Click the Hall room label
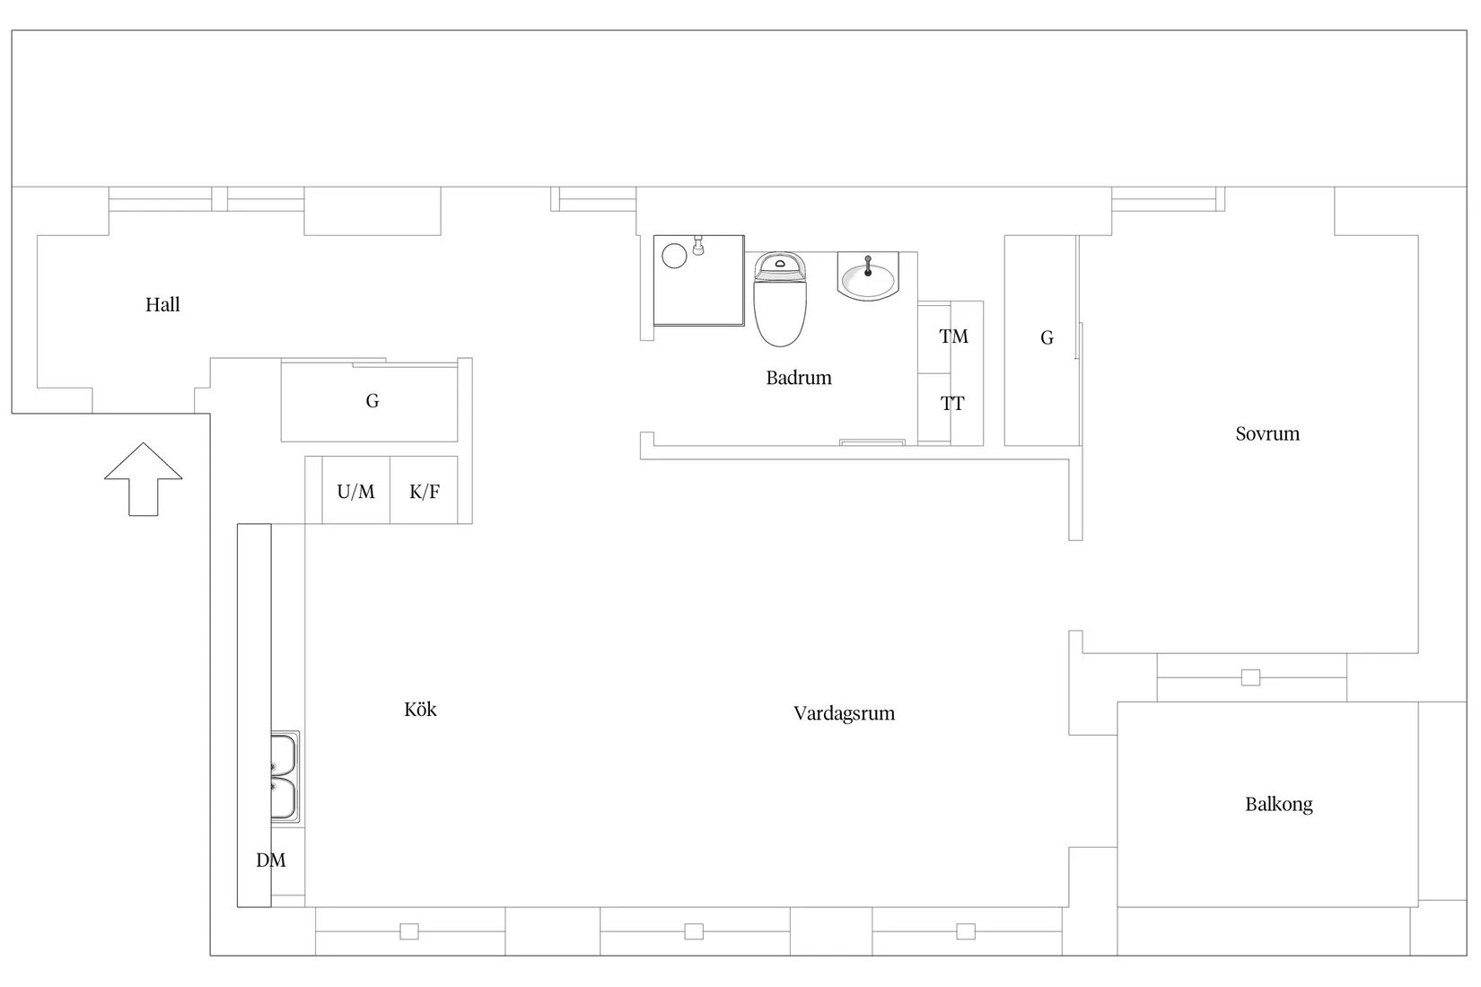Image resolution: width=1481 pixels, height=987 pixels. tap(162, 305)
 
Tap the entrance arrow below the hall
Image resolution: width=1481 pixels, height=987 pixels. tap(143, 479)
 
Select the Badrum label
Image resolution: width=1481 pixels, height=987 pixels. tap(799, 378)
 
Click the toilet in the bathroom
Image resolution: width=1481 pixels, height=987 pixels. tap(780, 299)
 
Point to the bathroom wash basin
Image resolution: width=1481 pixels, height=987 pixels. tap(868, 275)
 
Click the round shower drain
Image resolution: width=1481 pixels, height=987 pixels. tap(674, 256)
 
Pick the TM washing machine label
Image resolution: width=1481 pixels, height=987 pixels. tap(953, 336)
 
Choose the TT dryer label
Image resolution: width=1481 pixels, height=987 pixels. tap(952, 403)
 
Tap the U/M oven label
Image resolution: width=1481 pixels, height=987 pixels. tap(355, 491)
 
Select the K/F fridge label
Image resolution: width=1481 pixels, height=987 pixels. tap(425, 491)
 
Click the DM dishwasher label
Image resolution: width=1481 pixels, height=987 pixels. tap(271, 860)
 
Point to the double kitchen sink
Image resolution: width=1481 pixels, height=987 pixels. tap(285, 777)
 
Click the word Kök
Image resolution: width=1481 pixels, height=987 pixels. tap(420, 710)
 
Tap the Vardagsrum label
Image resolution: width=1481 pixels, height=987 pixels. tap(845, 713)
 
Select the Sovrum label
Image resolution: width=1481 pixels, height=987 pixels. tap(1267, 433)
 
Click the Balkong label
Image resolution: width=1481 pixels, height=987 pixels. tap(1279, 805)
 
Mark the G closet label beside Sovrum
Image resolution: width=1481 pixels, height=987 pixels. tap(1047, 337)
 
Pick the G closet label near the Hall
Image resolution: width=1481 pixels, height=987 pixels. tap(372, 400)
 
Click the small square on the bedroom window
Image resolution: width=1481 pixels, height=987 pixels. tap(1250, 677)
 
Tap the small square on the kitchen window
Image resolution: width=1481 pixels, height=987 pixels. tap(409, 931)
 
